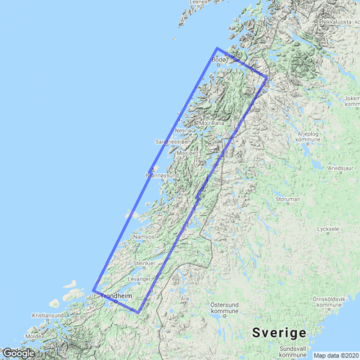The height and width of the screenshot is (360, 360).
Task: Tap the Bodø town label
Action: pos(219,62)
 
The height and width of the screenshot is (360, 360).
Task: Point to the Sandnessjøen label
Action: pos(173,141)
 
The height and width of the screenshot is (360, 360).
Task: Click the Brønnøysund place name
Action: pos(161,174)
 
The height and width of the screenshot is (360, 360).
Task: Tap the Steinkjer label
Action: pos(145,264)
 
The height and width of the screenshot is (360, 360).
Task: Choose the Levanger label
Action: pos(139,279)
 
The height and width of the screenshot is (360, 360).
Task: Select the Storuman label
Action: pos(287,199)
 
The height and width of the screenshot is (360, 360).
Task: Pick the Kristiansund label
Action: pos(48,316)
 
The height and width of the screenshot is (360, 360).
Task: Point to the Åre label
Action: pos(185,299)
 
